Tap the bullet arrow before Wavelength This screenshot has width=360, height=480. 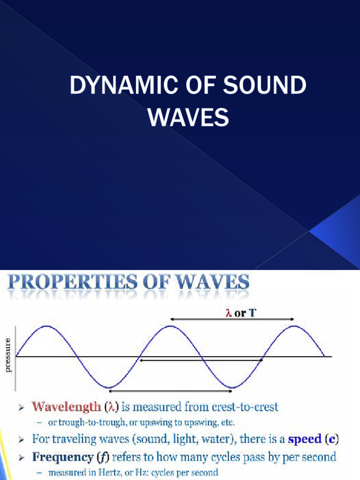[x=21, y=408]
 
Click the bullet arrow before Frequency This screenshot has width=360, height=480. [x=21, y=457]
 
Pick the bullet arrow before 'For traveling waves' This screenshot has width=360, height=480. [x=21, y=441]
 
